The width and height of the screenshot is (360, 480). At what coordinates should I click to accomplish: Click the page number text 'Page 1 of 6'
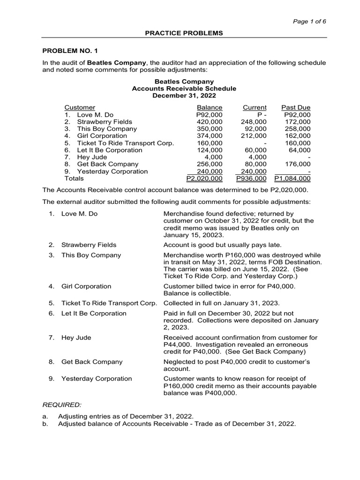tap(310, 22)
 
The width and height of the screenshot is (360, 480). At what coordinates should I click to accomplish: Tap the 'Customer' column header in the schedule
tap(80, 107)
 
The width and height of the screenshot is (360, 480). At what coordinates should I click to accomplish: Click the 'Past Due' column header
tap(295, 107)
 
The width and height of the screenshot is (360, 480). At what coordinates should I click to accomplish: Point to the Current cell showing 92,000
tap(256, 129)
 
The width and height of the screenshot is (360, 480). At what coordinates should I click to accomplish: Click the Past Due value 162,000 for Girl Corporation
tap(297, 136)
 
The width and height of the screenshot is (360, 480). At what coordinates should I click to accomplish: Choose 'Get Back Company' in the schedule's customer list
tap(102, 164)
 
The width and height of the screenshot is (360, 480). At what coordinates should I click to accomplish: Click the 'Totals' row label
tap(74, 179)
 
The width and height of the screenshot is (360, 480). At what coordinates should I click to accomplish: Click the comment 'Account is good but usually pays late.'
tap(222, 245)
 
